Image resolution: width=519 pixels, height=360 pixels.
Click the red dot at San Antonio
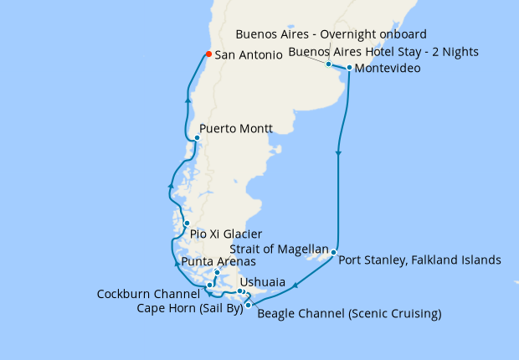(x=208, y=55)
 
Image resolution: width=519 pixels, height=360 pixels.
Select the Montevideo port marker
(x=349, y=67)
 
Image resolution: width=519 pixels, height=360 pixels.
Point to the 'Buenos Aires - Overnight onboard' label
(x=331, y=34)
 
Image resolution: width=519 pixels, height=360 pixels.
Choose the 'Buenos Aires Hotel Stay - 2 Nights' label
(x=383, y=52)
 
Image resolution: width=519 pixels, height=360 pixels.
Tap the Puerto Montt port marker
(x=196, y=138)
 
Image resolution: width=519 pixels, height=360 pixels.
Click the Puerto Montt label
(x=236, y=130)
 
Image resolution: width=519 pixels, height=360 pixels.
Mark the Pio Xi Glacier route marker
(x=187, y=224)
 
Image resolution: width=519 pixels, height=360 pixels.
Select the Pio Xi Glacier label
(x=226, y=234)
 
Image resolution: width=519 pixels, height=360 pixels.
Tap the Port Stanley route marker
(x=333, y=252)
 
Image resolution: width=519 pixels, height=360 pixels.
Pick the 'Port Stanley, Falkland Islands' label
(x=419, y=260)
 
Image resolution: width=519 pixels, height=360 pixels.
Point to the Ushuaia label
(x=262, y=282)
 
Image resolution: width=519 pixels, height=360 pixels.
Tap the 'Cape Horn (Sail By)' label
(x=189, y=308)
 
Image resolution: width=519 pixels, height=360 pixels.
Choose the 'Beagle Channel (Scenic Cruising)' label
(x=349, y=315)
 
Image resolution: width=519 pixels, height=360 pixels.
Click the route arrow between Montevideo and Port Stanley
(x=338, y=153)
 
